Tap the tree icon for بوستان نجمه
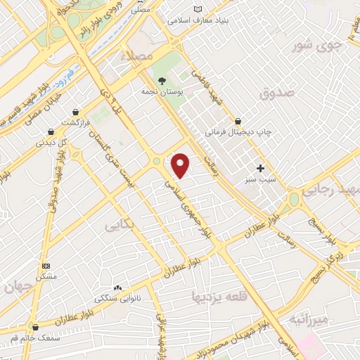coord(162,81)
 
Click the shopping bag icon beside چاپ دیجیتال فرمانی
coord(240,121)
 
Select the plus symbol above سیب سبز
coord(260,169)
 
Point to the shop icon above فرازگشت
coord(75,112)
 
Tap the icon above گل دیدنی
coord(51,131)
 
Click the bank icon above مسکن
coord(46,266)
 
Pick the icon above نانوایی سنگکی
coord(117,288)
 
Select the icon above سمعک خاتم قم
coord(35,327)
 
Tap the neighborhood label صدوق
coord(274,93)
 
